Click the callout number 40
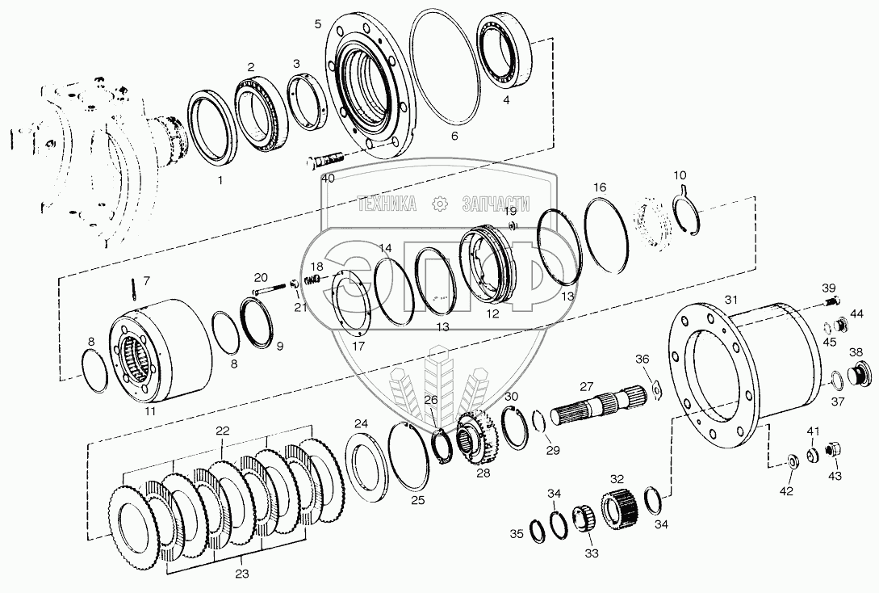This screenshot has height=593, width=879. click(329, 179)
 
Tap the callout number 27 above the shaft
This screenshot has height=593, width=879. click(586, 386)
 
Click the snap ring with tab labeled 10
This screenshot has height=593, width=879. click(685, 211)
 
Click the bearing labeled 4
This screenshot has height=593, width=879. click(504, 50)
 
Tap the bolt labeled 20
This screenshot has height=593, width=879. click(270, 289)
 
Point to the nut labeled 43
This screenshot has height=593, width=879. click(832, 450)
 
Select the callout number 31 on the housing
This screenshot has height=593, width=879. click(731, 300)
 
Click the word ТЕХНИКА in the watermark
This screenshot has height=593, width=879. click(387, 204)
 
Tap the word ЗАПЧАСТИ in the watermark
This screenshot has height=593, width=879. click(496, 204)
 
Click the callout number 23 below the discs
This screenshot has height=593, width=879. click(241, 574)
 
